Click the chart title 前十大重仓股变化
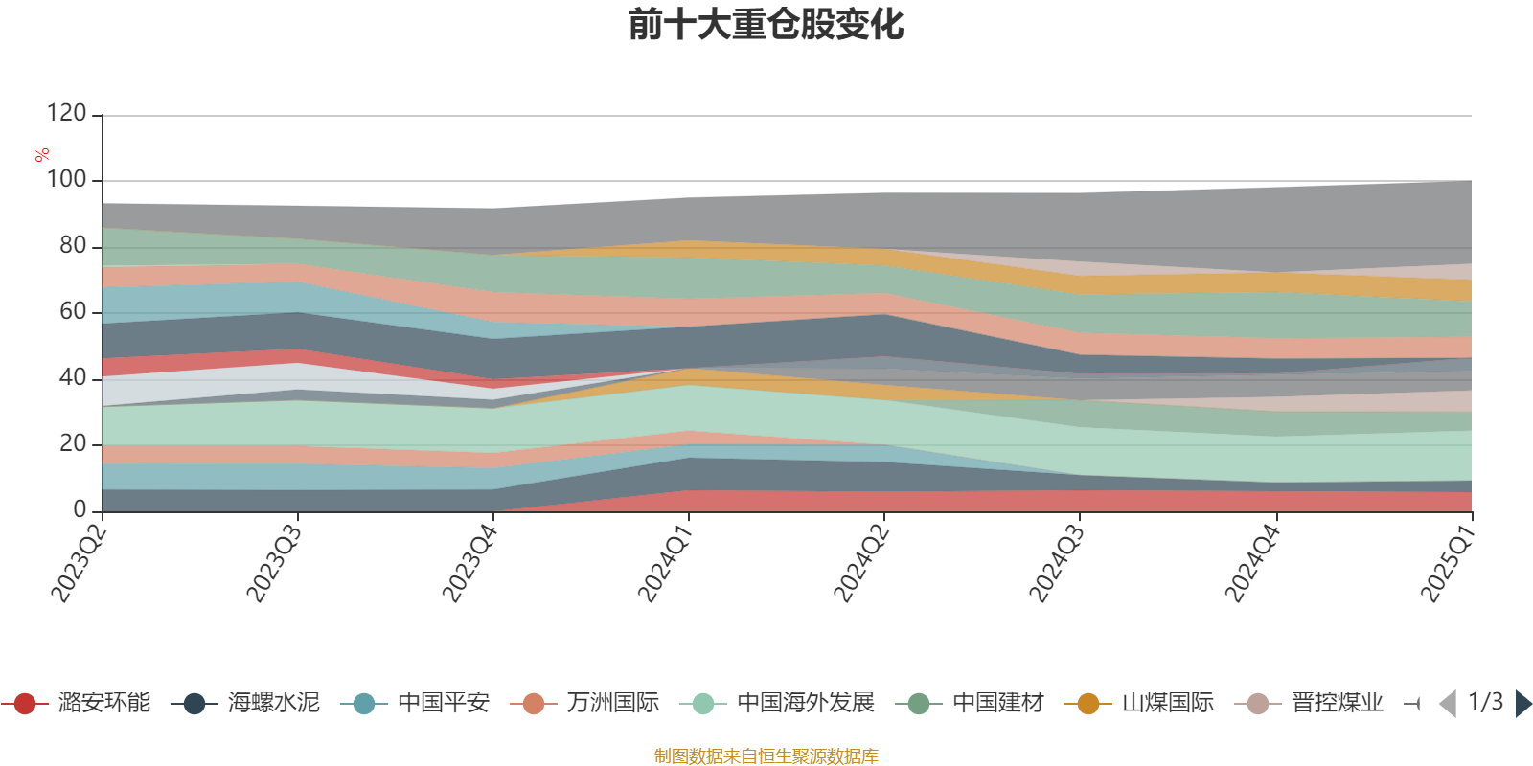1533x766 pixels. pos(766,26)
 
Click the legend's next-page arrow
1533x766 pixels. pos(1523,704)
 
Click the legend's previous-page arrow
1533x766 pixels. pos(1448,704)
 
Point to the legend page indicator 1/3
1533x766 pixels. pos(1485,702)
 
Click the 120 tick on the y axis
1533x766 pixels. pos(66,114)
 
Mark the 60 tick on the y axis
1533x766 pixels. pos(72,312)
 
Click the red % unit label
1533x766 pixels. pos(42,155)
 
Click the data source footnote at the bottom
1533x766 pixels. pos(766,756)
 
